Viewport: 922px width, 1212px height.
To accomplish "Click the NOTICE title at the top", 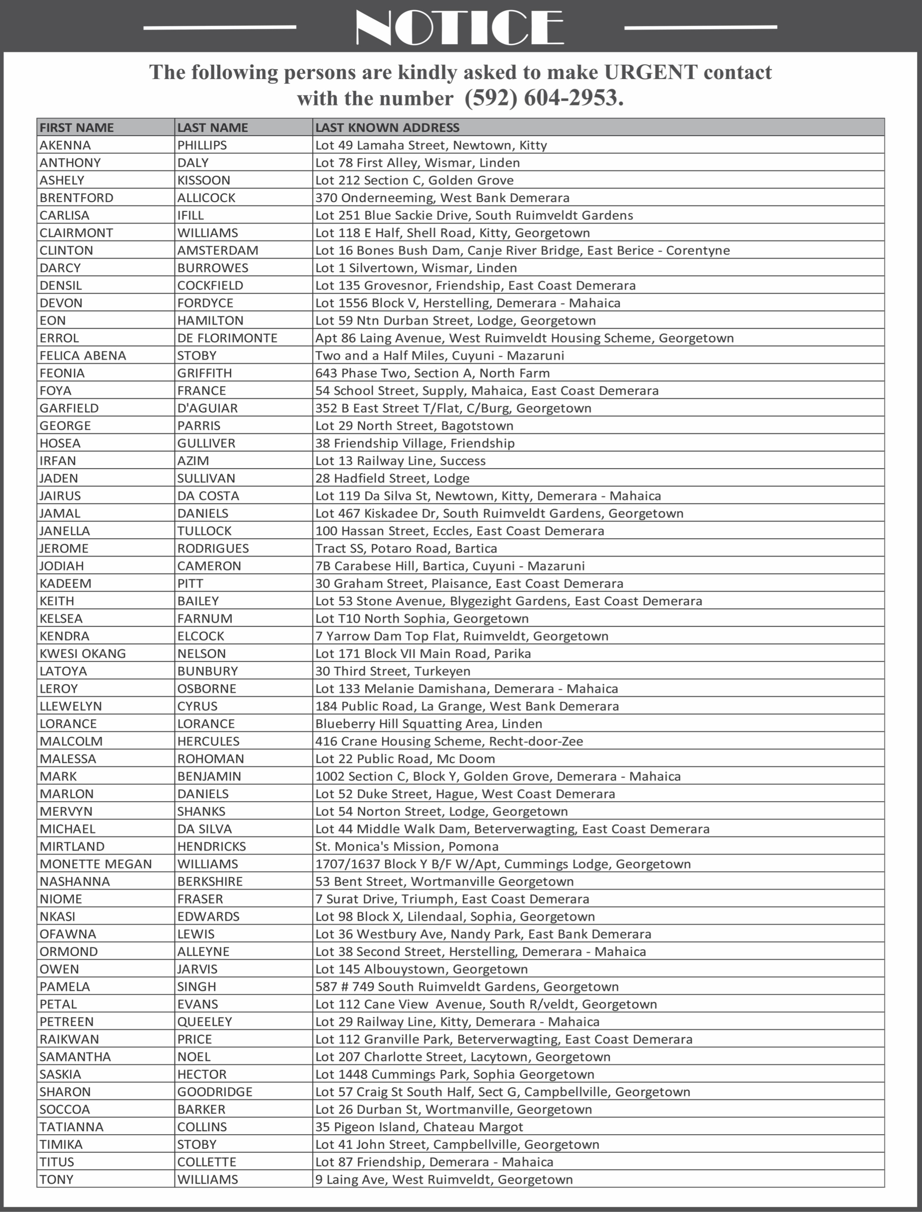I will [x=460, y=26].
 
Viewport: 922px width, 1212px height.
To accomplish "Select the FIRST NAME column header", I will [x=76, y=127].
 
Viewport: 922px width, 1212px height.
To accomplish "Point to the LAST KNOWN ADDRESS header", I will [x=387, y=127].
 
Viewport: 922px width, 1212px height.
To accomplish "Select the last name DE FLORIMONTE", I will [x=227, y=338].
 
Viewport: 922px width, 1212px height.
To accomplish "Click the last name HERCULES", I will [x=208, y=741].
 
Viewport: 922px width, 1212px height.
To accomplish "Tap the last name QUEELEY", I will [x=204, y=1021].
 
